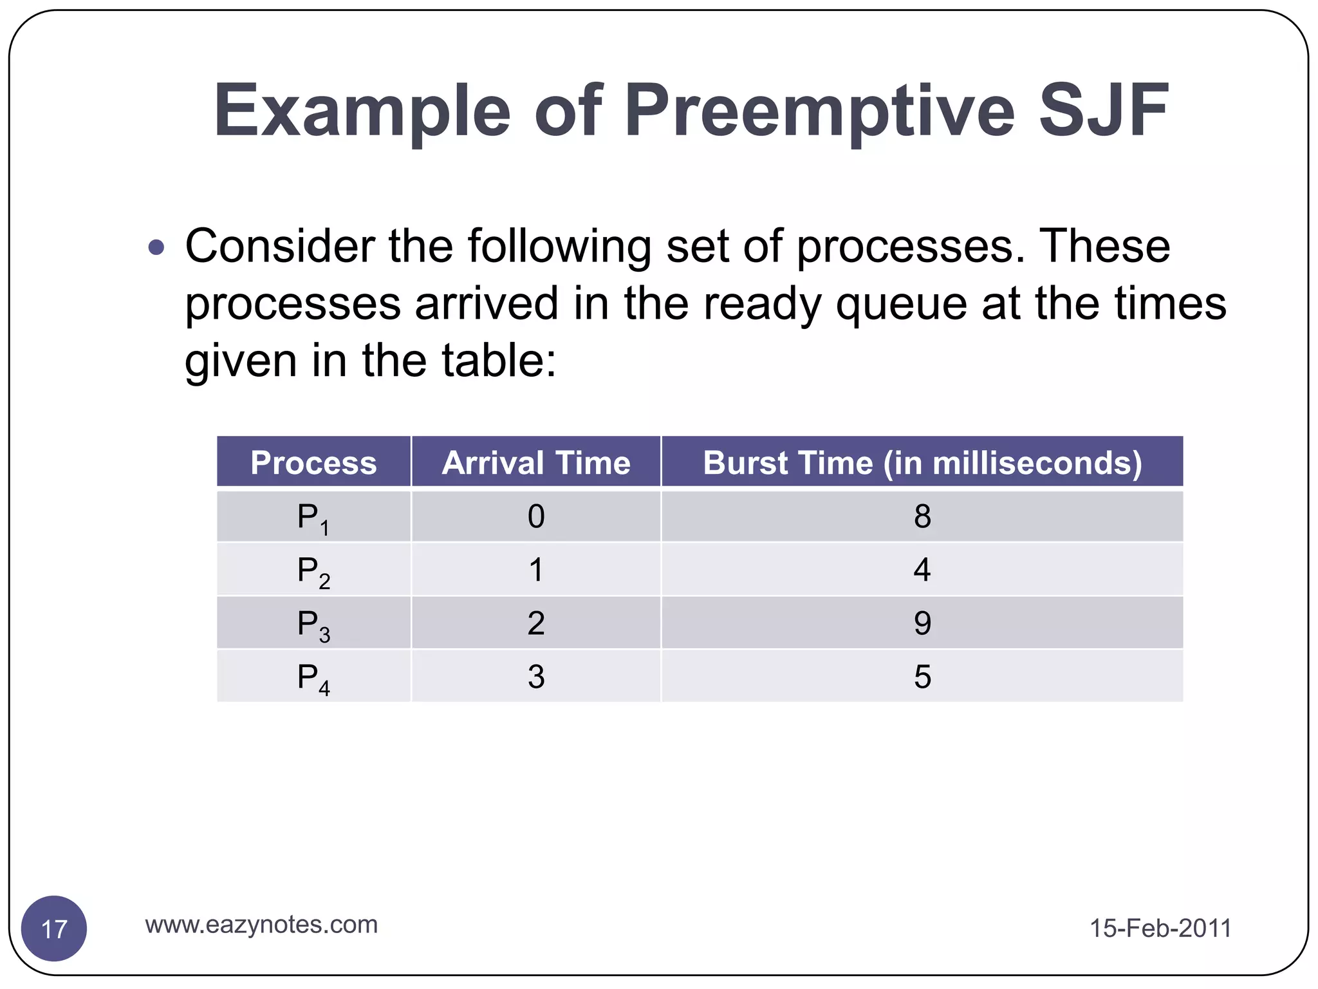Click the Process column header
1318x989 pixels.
click(313, 462)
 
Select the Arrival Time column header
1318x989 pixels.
click(536, 462)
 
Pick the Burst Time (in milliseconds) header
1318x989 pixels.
click(922, 462)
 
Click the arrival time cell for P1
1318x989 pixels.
click(536, 516)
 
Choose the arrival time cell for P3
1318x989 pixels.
click(536, 623)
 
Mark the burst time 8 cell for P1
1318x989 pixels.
click(922, 516)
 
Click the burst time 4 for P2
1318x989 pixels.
click(922, 570)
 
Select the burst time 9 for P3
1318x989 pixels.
click(922, 623)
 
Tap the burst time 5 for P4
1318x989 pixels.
click(922, 677)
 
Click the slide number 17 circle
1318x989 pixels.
click(54, 928)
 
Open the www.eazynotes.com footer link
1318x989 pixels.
click(261, 925)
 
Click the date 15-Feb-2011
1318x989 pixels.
click(1160, 928)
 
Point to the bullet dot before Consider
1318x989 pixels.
click(156, 247)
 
